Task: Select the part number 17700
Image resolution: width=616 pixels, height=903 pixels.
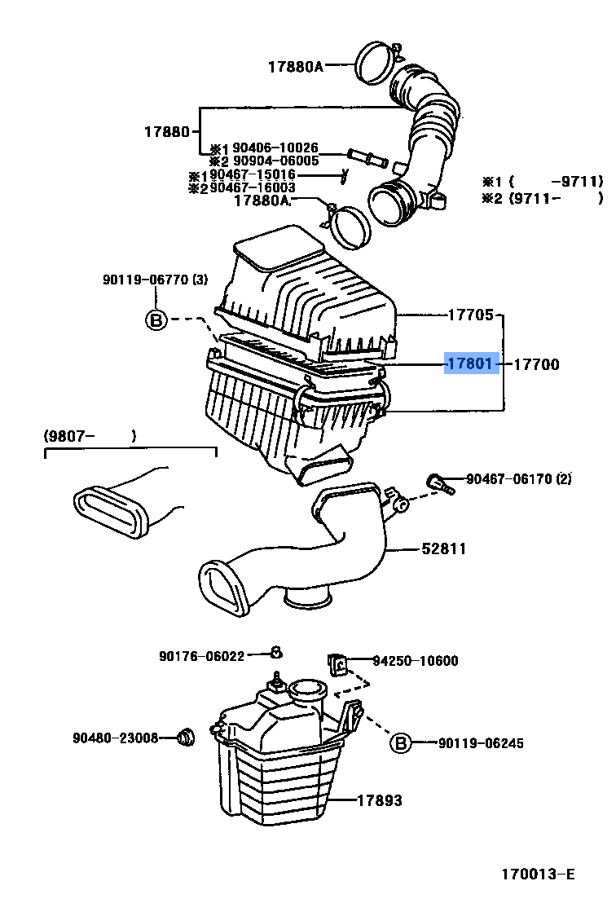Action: click(535, 364)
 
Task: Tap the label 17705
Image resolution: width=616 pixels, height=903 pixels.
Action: click(470, 315)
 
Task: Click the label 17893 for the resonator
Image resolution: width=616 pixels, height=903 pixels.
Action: click(379, 801)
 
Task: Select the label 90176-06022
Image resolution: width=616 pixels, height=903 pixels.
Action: click(201, 655)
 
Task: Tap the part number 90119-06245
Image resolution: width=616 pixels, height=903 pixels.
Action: click(481, 743)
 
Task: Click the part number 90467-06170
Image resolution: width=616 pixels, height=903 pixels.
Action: click(509, 479)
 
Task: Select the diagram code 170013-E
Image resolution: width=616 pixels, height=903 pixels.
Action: click(538, 874)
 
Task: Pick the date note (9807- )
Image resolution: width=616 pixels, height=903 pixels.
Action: click(90, 437)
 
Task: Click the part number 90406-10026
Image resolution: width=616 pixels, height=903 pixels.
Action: click(275, 148)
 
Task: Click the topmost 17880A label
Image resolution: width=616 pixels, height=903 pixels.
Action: click(295, 67)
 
